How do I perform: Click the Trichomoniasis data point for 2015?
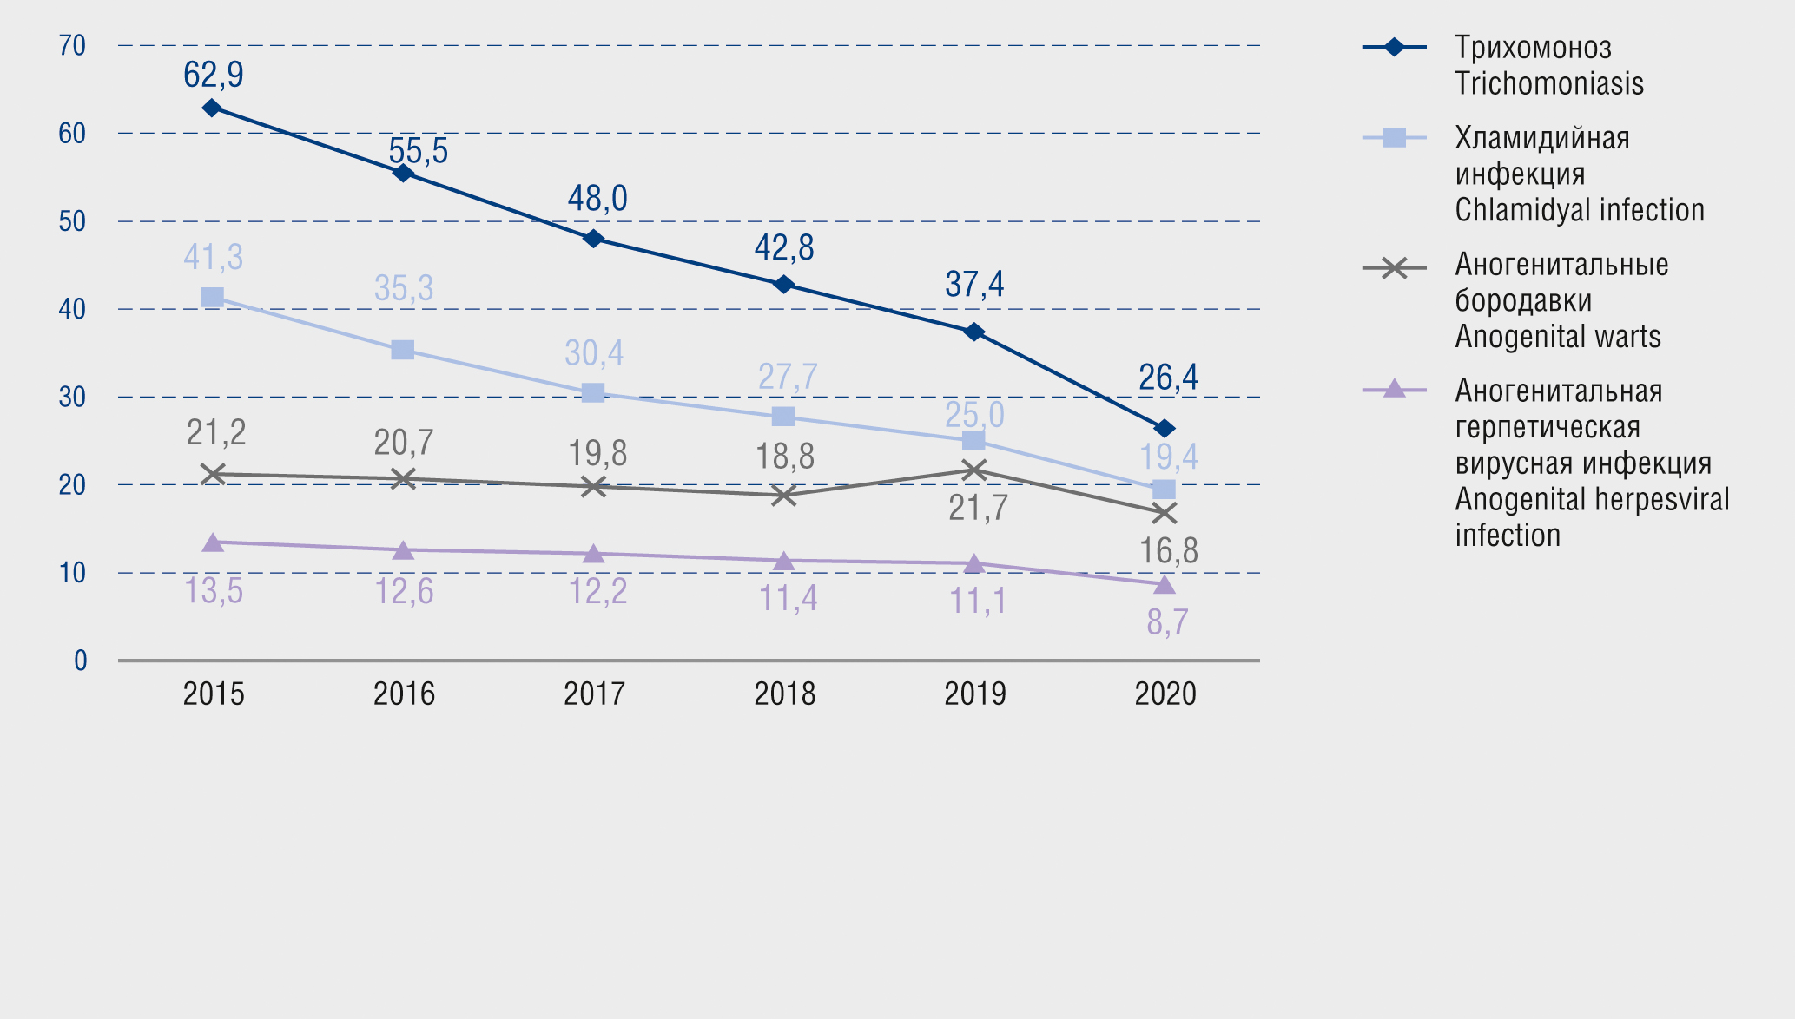[212, 108]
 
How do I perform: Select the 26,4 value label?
[1168, 378]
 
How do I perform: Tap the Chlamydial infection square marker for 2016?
[402, 350]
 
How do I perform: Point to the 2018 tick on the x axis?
[784, 694]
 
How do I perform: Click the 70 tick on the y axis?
[72, 45]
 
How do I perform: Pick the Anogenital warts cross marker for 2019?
[974, 470]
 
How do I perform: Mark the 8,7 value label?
[1167, 622]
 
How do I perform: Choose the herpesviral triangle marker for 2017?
[593, 554]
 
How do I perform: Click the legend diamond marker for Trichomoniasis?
[1394, 47]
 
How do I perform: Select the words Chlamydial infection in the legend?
[1580, 210]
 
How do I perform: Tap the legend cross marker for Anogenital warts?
[1394, 268]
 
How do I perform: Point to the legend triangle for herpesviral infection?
[1394, 389]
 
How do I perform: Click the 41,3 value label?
[214, 257]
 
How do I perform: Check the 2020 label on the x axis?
[1165, 694]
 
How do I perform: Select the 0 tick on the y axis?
[80, 661]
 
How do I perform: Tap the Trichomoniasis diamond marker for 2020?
[1165, 428]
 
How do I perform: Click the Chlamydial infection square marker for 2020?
[1165, 490]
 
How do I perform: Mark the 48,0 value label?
[597, 199]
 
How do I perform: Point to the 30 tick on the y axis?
[72, 397]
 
